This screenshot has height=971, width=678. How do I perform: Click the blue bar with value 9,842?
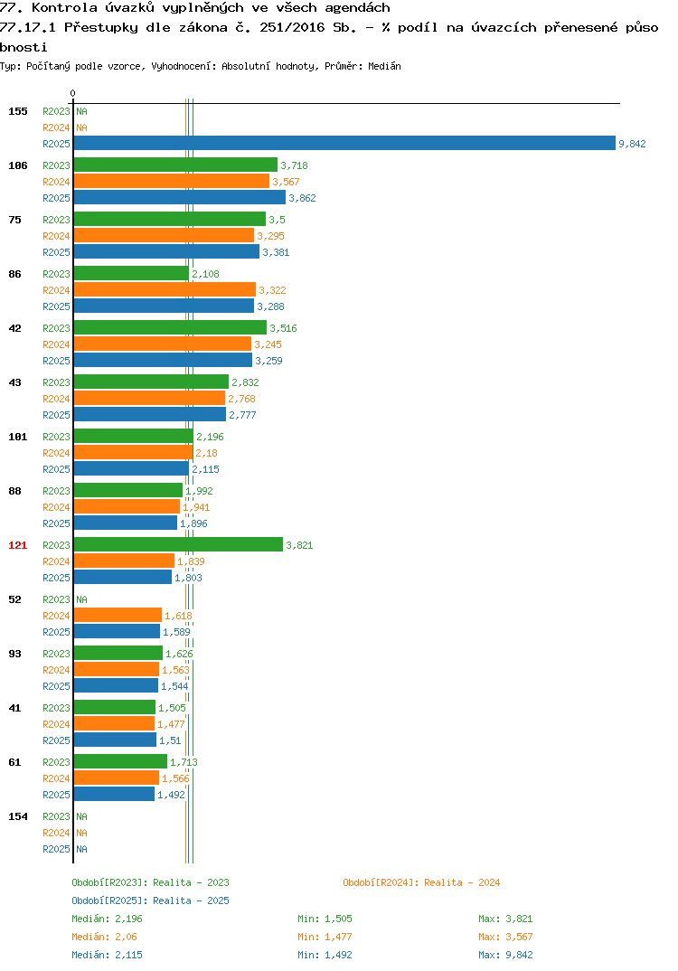click(344, 143)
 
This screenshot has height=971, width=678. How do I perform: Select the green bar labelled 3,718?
click(175, 165)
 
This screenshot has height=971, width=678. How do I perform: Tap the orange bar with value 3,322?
click(165, 290)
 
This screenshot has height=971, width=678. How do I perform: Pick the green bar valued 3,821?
click(178, 544)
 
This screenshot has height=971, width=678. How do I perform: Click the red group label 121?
click(18, 545)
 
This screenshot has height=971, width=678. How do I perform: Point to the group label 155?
click(18, 111)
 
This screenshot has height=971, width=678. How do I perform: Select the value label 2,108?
click(205, 274)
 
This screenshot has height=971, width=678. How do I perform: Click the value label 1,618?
click(178, 616)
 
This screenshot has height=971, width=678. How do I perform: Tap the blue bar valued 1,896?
click(125, 523)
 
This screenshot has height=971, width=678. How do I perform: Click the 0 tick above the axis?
click(73, 93)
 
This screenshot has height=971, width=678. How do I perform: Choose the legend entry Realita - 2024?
click(421, 882)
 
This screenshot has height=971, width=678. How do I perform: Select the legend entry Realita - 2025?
click(150, 900)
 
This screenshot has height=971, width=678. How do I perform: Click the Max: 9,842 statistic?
click(505, 955)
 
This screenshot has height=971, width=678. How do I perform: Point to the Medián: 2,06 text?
click(104, 937)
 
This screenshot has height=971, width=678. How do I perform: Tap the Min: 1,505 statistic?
click(325, 919)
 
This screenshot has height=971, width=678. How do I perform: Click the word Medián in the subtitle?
click(384, 66)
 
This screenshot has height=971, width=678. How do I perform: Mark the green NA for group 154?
click(81, 816)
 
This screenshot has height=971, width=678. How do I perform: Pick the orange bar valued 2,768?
click(149, 398)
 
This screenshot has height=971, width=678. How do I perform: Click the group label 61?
click(14, 762)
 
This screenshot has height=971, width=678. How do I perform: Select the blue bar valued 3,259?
click(163, 360)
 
